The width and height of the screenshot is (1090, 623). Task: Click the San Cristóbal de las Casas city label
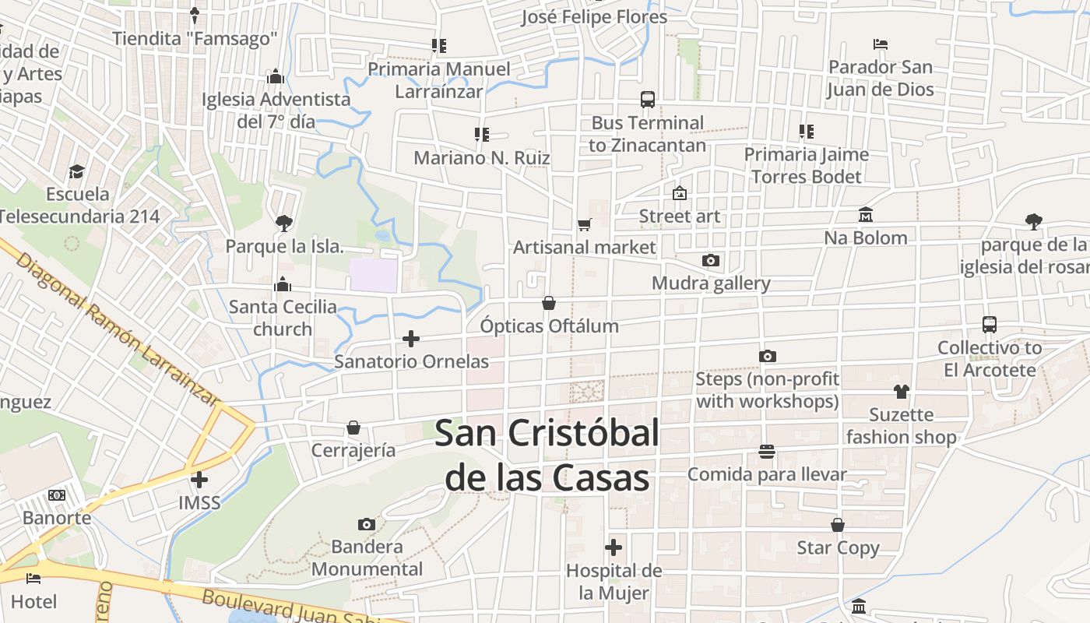click(x=547, y=456)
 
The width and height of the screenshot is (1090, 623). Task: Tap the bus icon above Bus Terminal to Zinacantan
click(x=648, y=100)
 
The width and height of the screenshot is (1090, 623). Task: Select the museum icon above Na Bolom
click(x=866, y=214)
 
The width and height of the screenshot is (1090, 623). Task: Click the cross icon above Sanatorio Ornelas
click(x=411, y=339)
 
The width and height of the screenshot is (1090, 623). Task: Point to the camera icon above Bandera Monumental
click(x=366, y=524)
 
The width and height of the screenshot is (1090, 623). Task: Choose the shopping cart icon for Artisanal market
click(x=585, y=224)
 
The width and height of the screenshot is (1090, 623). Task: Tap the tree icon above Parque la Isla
click(x=284, y=224)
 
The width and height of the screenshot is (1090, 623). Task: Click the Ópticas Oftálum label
click(x=550, y=326)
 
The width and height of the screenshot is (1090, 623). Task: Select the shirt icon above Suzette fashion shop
click(x=901, y=392)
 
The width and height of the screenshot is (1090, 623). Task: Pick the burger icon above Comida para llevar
click(x=767, y=452)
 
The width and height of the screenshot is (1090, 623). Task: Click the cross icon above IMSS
click(x=199, y=480)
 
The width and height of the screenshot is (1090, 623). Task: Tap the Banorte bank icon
click(x=57, y=495)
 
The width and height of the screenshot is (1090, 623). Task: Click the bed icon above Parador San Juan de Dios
click(x=881, y=44)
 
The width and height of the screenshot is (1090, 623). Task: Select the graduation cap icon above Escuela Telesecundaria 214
click(x=76, y=171)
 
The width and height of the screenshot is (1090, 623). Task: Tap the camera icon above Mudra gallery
click(x=710, y=260)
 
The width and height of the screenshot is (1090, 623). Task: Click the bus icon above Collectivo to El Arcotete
click(x=990, y=325)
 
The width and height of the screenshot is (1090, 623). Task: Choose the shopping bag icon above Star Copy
click(x=838, y=525)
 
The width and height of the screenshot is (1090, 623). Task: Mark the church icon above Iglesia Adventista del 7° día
click(x=276, y=76)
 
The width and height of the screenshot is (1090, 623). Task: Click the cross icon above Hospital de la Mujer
click(x=614, y=547)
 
